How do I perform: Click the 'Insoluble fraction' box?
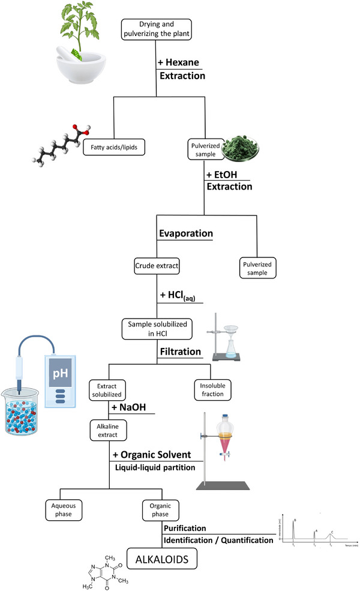209,390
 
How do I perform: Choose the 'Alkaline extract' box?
108,430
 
